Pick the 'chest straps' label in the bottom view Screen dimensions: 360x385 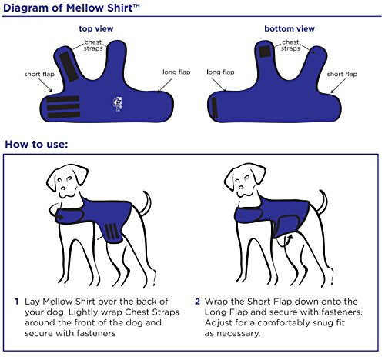290,45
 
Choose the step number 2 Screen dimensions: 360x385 197,301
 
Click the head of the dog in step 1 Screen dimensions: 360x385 65,182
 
